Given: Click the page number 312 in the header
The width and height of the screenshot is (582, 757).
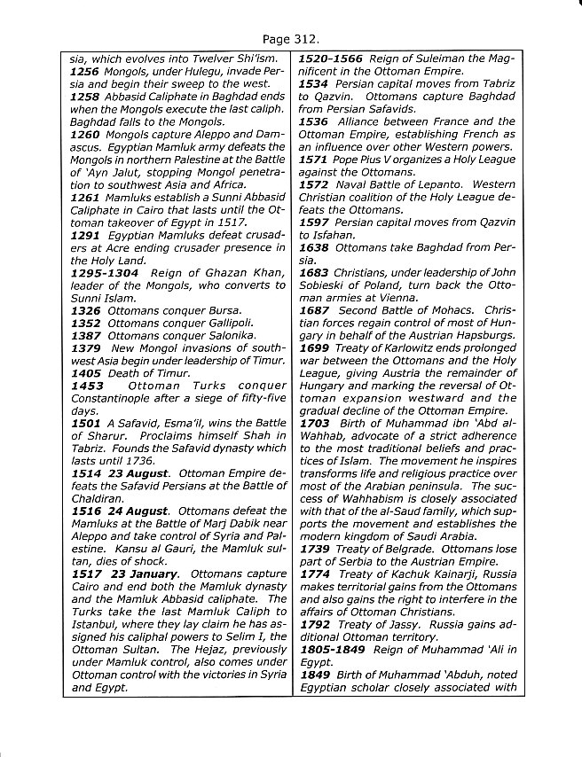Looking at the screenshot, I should pyautogui.click(x=305, y=40).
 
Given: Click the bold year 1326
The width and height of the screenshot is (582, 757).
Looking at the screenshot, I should pyautogui.click(x=86, y=311).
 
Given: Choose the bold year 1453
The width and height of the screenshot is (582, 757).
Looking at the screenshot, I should pyautogui.click(x=86, y=386).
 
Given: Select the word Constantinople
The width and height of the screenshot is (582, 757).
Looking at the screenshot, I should pyautogui.click(x=113, y=399).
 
